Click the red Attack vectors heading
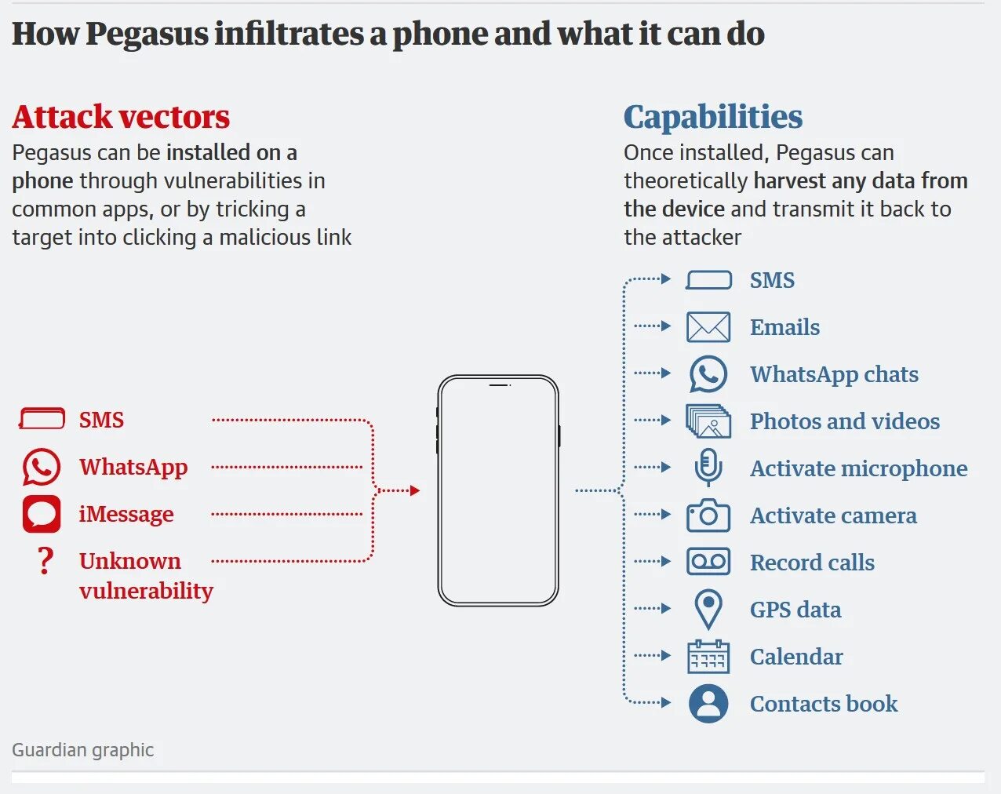click(x=121, y=117)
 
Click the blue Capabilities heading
click(x=712, y=117)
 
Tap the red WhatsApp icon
click(x=42, y=467)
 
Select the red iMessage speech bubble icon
click(x=42, y=514)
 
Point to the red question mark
click(x=45, y=561)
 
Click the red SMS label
click(x=101, y=420)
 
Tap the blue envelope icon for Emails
click(x=708, y=327)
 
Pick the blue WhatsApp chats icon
click(x=708, y=374)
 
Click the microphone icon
click(x=708, y=468)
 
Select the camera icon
click(x=708, y=515)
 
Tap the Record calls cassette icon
click(x=708, y=562)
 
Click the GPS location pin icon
click(x=708, y=609)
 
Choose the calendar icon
click(x=708, y=657)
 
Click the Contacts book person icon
click(x=708, y=704)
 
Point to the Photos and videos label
click(x=844, y=421)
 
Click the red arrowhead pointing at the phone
click(x=415, y=490)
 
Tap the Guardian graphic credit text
click(x=82, y=750)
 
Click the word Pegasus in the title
click(x=147, y=34)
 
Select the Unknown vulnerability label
click(x=145, y=575)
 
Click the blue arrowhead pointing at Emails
click(x=666, y=326)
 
